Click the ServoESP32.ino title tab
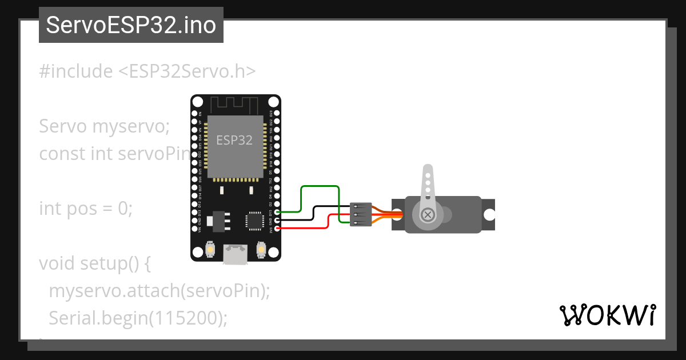pos(131,26)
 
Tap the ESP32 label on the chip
pos(234,140)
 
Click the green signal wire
pos(319,186)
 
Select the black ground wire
pos(326,207)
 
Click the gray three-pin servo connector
pos(361,214)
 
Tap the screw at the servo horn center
pos(427,215)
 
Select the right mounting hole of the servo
pos(489,214)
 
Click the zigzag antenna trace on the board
pos(235,105)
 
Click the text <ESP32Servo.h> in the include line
pos(186,71)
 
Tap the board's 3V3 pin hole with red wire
pos(277,229)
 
